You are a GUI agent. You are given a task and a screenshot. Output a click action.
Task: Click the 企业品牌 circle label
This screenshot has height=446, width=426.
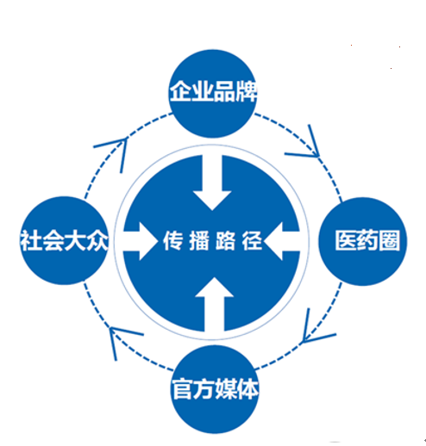(213, 91)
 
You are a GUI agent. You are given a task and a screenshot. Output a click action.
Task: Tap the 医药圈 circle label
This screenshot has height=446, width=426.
(367, 240)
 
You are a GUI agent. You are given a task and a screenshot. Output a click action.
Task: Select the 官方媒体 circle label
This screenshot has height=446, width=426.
(215, 389)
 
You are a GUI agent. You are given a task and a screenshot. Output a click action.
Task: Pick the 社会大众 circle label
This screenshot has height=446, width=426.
(65, 240)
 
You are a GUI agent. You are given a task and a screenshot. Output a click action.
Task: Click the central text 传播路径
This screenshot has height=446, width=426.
(213, 241)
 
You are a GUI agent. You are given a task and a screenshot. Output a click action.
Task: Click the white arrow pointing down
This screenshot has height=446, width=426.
(212, 183)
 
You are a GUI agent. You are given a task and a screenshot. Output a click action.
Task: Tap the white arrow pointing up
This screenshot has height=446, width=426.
(214, 304)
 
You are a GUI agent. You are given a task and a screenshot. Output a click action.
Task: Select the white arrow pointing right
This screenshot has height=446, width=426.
(141, 241)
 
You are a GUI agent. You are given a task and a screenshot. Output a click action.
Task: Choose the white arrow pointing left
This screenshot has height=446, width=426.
(282, 241)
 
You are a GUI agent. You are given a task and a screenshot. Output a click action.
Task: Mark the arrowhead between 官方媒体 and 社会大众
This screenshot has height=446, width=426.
(121, 338)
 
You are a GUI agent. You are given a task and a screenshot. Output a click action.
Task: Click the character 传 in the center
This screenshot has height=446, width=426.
(173, 241)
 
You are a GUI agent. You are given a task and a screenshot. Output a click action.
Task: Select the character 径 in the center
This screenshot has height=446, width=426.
(252, 241)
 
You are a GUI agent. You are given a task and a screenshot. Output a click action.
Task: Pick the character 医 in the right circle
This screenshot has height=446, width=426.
(346, 240)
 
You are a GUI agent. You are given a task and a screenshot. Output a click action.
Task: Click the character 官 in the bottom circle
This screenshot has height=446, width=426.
(183, 389)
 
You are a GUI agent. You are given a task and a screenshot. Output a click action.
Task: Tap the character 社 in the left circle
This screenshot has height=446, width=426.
(31, 240)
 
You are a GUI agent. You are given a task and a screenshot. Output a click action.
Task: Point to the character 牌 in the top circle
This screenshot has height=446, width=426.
(246, 91)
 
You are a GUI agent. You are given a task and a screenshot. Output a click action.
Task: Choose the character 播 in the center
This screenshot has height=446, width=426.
(199, 241)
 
